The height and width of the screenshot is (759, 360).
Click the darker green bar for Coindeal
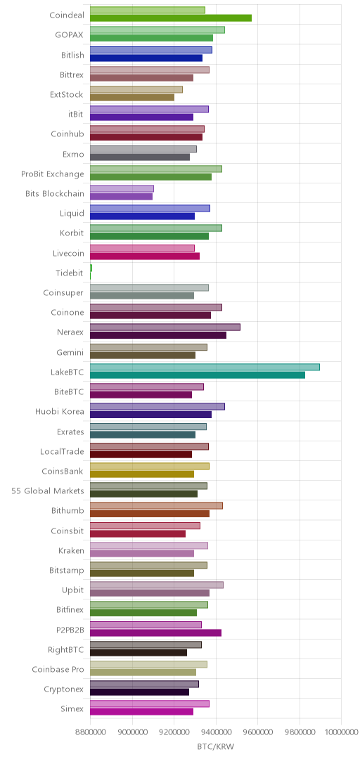171,18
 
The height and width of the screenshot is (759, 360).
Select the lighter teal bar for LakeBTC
205,367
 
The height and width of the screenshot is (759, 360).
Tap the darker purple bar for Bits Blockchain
121,197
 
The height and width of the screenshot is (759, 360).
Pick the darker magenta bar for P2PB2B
155,632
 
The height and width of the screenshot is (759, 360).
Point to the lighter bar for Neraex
165,327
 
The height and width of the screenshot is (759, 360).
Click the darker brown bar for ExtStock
132,98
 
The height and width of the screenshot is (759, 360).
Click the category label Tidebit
70,273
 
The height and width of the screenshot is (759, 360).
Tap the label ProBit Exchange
52,174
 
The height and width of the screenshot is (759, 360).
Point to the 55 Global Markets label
48,491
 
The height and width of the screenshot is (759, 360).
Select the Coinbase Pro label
58,670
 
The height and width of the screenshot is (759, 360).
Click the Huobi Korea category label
60,412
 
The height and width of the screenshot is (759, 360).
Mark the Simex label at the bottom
72,709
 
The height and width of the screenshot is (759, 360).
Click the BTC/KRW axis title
216,747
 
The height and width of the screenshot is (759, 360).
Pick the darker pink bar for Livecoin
145,256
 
